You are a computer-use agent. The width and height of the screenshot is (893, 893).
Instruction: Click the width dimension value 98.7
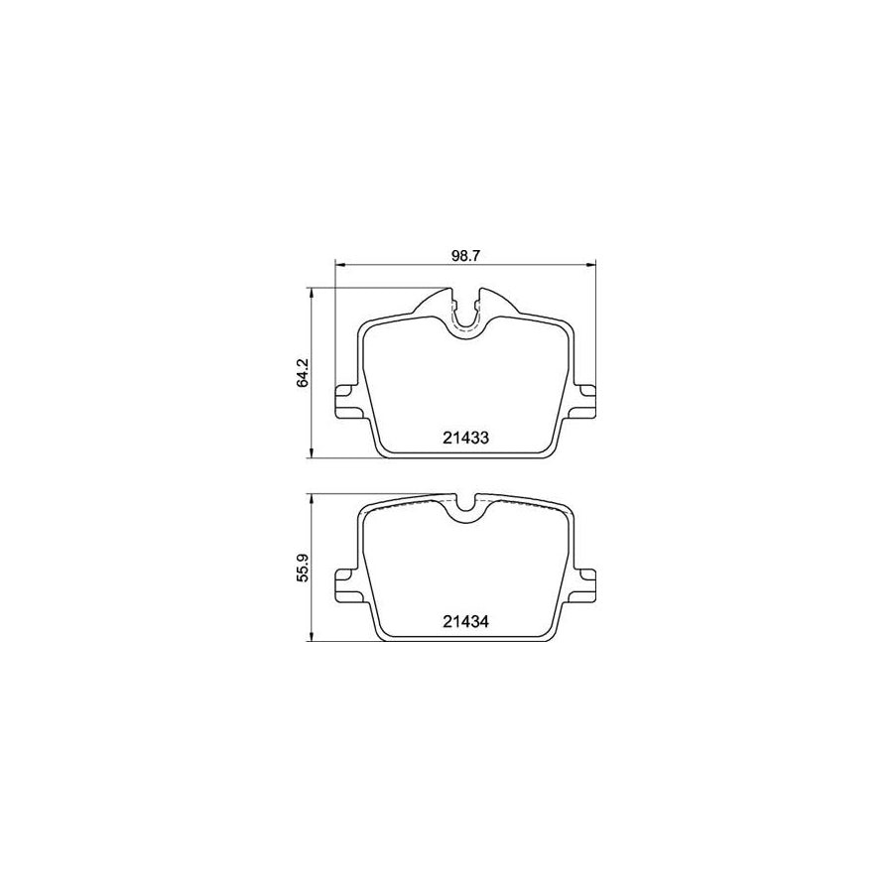[465, 255]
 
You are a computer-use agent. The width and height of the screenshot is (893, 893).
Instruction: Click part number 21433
[465, 438]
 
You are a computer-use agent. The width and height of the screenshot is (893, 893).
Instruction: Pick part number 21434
[465, 622]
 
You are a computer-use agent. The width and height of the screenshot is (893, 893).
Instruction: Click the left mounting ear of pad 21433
[347, 402]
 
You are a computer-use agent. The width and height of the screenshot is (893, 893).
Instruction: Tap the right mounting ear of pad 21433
[584, 401]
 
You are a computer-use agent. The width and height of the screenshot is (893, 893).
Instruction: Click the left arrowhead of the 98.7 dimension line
[338, 264]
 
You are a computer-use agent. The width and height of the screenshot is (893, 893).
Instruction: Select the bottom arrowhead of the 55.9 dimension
[314, 638]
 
